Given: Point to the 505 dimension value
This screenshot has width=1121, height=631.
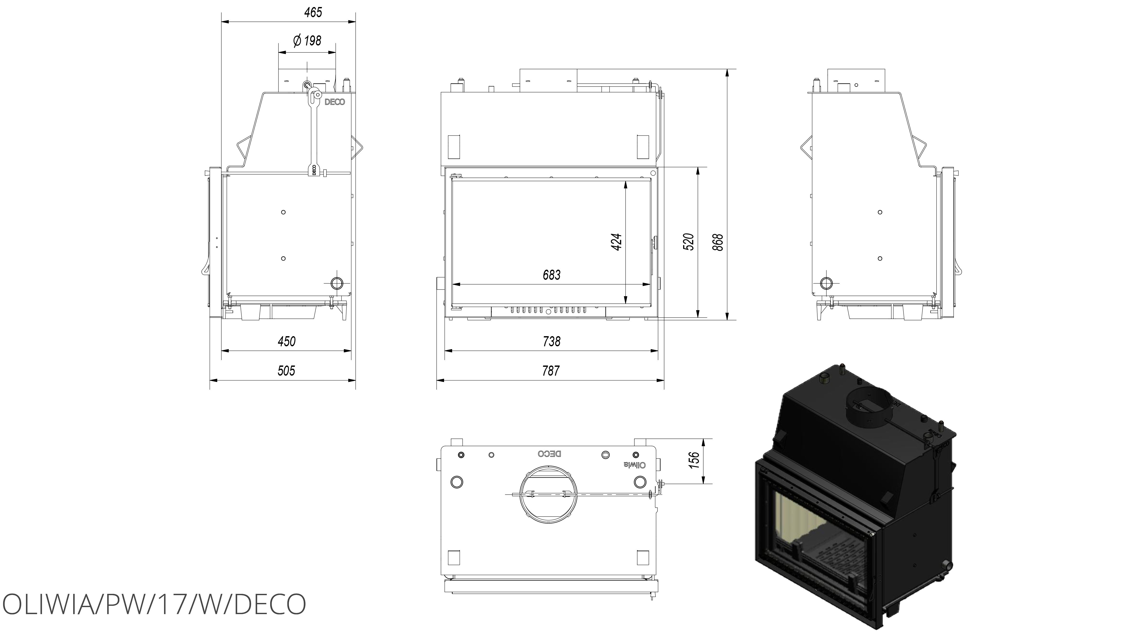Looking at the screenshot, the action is (286, 371).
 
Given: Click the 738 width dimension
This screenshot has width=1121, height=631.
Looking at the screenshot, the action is (551, 341).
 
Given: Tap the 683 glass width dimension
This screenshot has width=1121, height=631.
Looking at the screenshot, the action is (551, 275).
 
